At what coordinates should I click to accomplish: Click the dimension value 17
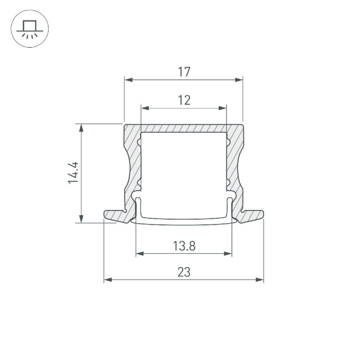184,71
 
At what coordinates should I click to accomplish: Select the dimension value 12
184,100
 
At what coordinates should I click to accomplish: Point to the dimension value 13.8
184,246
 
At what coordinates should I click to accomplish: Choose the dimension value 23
184,272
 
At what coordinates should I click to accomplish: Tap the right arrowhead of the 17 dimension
239,80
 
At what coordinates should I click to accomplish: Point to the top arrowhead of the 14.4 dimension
82,127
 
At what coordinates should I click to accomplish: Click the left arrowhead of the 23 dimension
107,280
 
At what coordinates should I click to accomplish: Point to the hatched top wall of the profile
183,128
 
